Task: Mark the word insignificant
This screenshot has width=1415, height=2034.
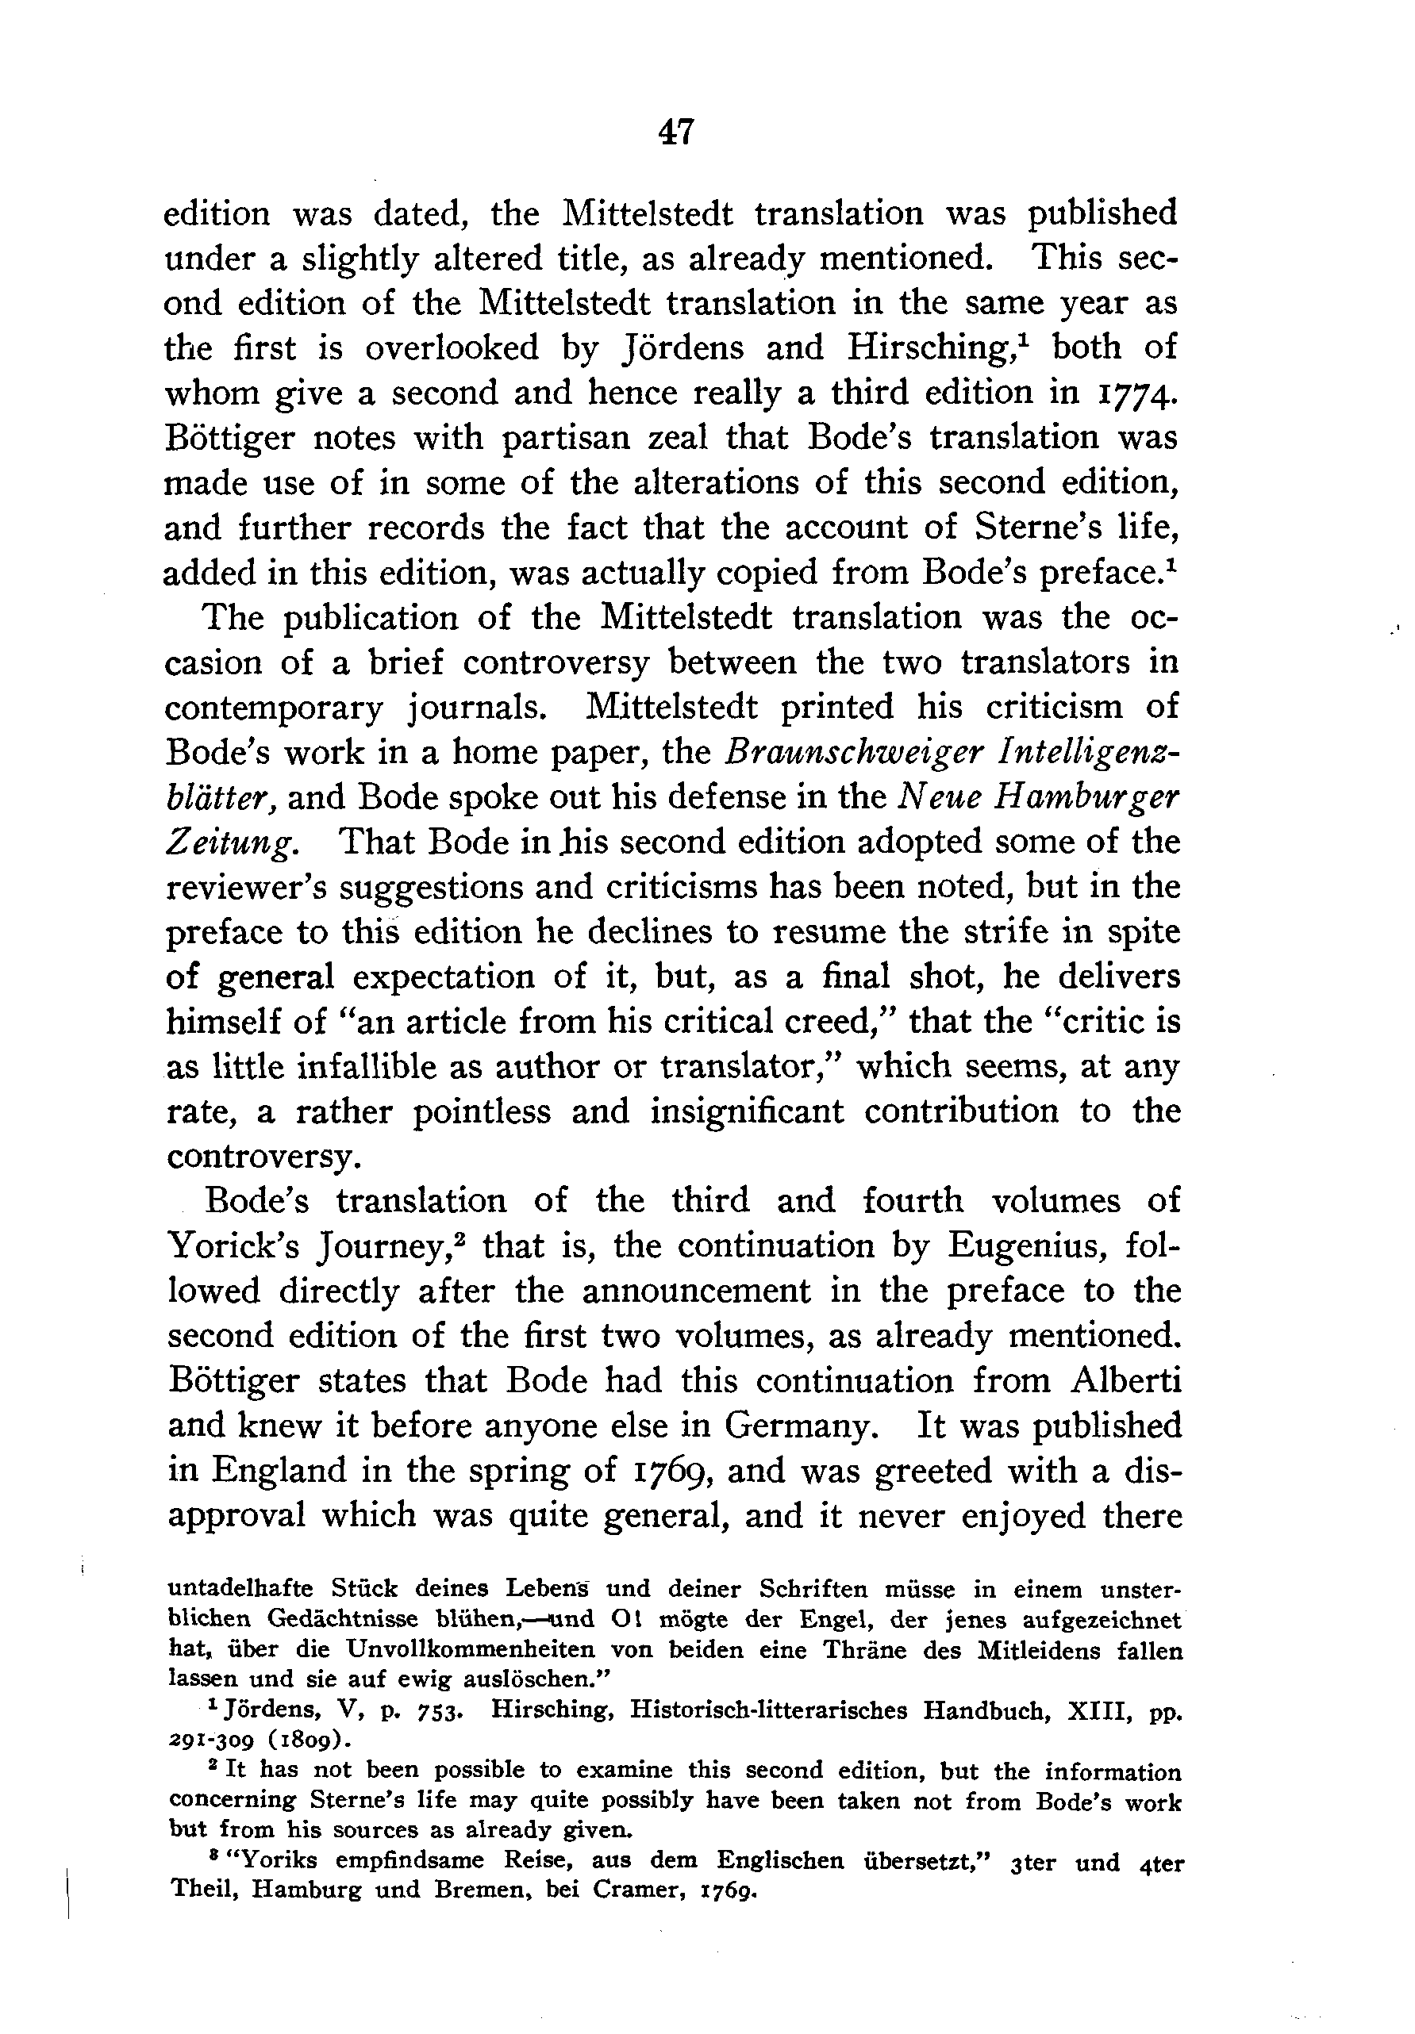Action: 747,1111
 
